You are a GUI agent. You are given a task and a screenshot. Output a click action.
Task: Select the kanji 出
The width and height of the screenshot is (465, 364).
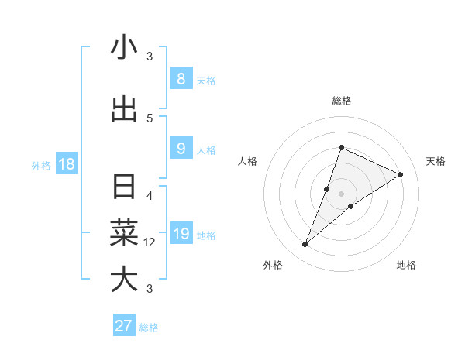(x=124, y=109)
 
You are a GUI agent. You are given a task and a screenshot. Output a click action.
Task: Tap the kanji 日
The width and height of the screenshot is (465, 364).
(x=124, y=187)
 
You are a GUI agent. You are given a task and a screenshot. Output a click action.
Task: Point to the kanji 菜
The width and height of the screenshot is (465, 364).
(x=124, y=232)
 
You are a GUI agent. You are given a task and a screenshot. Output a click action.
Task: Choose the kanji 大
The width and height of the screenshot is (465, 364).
(x=124, y=279)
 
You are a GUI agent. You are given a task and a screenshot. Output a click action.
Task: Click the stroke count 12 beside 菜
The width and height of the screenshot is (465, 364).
(x=150, y=242)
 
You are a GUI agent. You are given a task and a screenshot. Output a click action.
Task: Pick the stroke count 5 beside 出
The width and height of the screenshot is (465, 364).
(x=150, y=118)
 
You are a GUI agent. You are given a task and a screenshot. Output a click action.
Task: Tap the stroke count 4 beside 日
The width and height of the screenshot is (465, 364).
(x=150, y=195)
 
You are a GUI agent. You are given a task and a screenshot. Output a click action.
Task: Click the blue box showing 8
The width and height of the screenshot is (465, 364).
(x=181, y=78)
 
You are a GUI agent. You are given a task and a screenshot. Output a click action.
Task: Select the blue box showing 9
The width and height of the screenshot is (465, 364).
(x=181, y=149)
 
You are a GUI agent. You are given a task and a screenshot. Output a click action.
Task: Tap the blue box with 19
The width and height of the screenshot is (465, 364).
(x=181, y=234)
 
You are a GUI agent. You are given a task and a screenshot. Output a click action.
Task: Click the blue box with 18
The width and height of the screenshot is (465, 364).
(x=66, y=164)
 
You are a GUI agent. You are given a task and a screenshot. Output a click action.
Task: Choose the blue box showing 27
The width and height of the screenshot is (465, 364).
(x=124, y=326)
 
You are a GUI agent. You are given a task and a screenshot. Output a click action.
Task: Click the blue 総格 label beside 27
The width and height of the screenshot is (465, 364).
(x=149, y=328)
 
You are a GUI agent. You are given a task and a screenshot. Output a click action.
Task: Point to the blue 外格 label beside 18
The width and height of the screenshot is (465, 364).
(x=41, y=165)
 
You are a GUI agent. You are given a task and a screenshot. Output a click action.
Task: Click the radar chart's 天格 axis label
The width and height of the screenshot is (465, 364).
(x=436, y=161)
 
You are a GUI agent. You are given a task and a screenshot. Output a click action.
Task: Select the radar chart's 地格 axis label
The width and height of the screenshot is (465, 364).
(x=406, y=265)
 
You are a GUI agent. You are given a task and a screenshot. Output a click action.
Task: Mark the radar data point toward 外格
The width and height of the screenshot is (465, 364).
(x=305, y=245)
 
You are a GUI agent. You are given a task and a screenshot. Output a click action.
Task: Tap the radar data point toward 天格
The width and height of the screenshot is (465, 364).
(x=401, y=174)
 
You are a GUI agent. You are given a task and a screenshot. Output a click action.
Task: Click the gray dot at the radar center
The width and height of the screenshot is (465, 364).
(x=341, y=194)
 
